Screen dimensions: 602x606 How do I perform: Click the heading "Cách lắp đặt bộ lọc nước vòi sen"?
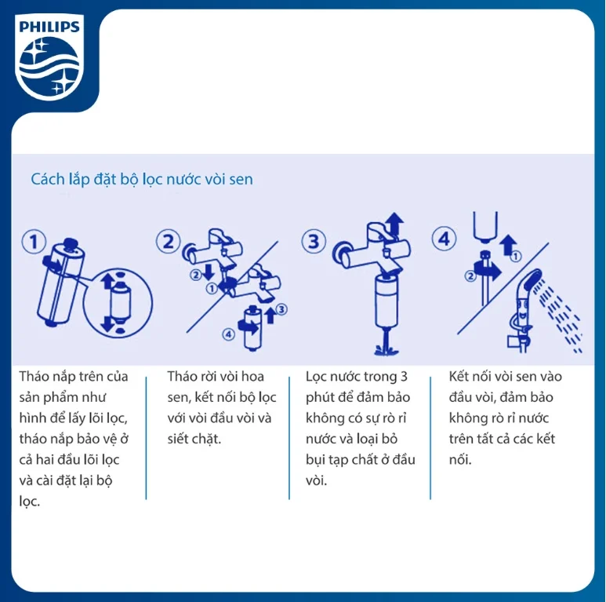point(142,179)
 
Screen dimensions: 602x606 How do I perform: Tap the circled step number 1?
point(33,241)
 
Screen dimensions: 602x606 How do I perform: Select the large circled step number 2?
point(168,241)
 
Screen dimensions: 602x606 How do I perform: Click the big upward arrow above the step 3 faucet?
point(394,225)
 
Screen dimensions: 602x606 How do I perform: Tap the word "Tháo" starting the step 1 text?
point(35,377)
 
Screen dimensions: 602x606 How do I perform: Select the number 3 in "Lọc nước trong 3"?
point(404,377)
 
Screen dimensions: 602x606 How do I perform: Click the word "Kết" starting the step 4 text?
point(461,377)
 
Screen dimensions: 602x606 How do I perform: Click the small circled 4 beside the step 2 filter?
point(228,334)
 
